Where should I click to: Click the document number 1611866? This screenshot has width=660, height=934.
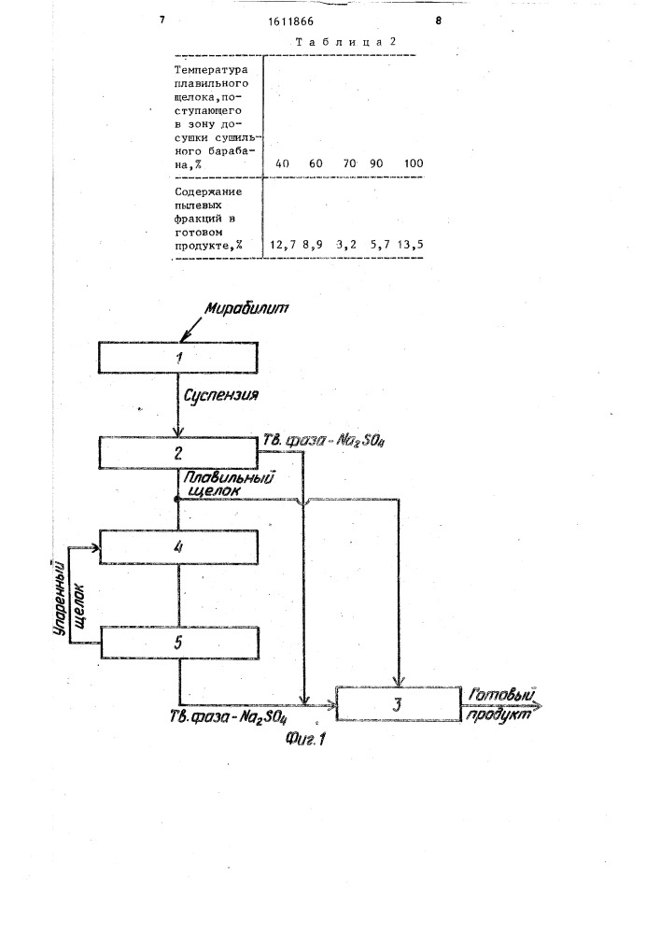pyautogui.click(x=290, y=21)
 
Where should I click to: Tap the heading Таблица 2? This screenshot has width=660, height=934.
pyautogui.click(x=345, y=42)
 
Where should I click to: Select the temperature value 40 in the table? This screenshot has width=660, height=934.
pyautogui.click(x=282, y=163)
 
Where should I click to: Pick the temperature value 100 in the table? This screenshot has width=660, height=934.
pyautogui.click(x=414, y=163)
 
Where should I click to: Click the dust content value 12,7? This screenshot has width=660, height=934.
pyautogui.click(x=283, y=245)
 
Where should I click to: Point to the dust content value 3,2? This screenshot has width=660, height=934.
pyautogui.click(x=345, y=245)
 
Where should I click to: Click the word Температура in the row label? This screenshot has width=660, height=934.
pyautogui.click(x=211, y=70)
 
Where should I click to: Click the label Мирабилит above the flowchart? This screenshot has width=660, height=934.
pyautogui.click(x=246, y=308)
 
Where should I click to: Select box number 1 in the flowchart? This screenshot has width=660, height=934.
pyautogui.click(x=178, y=358)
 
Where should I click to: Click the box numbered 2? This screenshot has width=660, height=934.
pyautogui.click(x=178, y=453)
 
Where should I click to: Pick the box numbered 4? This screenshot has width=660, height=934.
pyautogui.click(x=178, y=546)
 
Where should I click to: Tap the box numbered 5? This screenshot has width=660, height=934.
pyautogui.click(x=180, y=643)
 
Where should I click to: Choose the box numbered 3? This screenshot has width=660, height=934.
pyautogui.click(x=399, y=704)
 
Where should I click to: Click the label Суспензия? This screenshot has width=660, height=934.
pyautogui.click(x=221, y=395)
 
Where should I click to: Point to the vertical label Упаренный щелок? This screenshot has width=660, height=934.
pyautogui.click(x=69, y=600)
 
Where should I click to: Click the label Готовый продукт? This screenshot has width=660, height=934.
pyautogui.click(x=501, y=704)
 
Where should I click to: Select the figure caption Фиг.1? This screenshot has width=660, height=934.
pyautogui.click(x=305, y=739)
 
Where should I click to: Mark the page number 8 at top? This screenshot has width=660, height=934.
pyautogui.click(x=439, y=21)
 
